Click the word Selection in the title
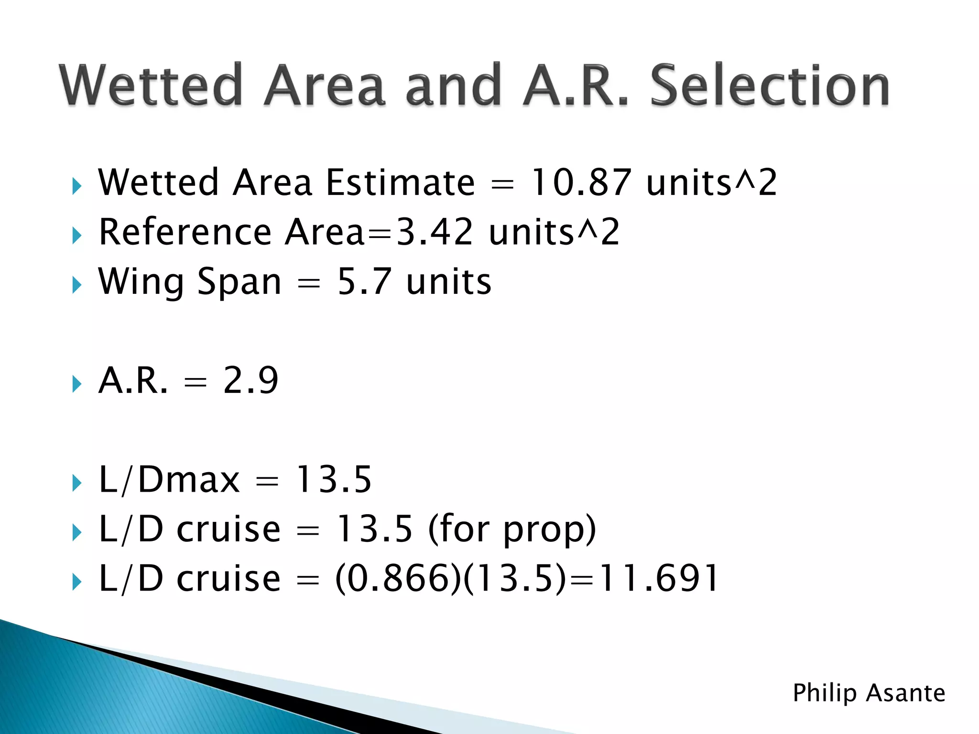tap(770, 86)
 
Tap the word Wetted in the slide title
tap(151, 86)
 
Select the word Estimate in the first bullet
tap(400, 183)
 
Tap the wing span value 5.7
tap(364, 282)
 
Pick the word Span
tap(239, 282)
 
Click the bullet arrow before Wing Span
tap(77, 285)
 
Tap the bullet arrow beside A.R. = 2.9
tap(77, 384)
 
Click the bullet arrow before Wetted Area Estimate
tap(77, 186)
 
